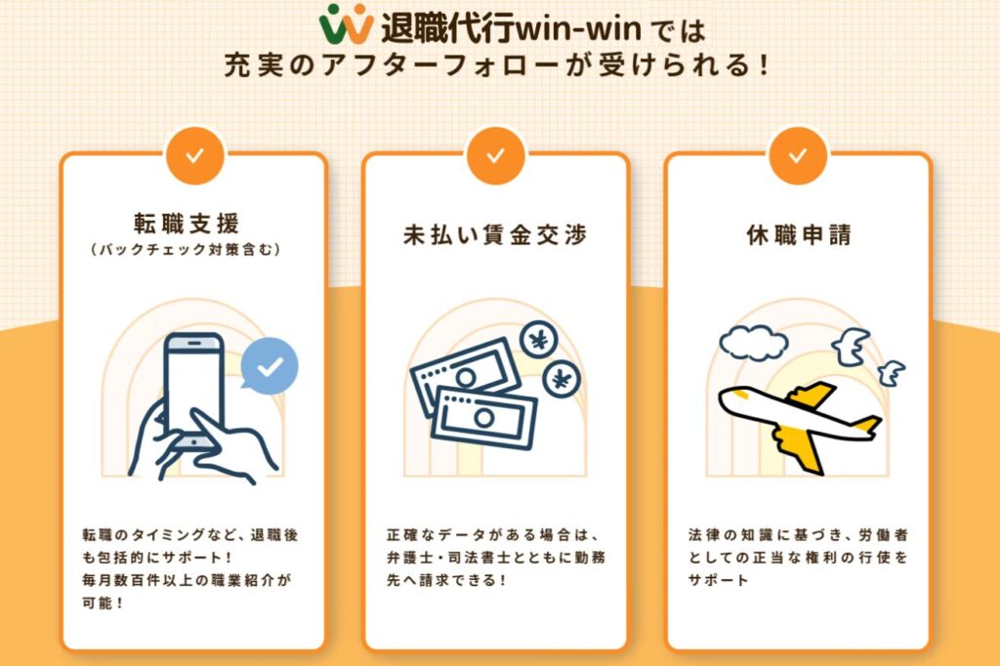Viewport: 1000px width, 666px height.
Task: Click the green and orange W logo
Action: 346,24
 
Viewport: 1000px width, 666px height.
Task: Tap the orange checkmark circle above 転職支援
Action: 194,155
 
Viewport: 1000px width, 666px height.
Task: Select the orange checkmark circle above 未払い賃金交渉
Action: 495,155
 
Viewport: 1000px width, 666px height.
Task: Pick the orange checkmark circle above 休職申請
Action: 797,155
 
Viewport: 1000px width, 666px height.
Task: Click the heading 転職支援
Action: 187,224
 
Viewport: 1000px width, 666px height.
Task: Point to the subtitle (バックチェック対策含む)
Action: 187,249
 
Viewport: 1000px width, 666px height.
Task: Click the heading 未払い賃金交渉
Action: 495,234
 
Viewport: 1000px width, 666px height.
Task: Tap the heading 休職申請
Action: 799,234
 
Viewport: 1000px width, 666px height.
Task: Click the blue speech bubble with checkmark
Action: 270,365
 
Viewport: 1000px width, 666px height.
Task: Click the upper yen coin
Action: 539,341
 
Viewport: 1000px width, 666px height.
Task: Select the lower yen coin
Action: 562,380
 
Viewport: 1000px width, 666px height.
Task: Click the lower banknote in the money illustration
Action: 484,419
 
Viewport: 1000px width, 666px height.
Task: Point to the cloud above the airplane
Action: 753,343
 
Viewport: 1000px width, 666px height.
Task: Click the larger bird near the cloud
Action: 851,347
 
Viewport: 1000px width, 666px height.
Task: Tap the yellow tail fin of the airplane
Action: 866,426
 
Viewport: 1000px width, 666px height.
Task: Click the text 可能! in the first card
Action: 103,603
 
